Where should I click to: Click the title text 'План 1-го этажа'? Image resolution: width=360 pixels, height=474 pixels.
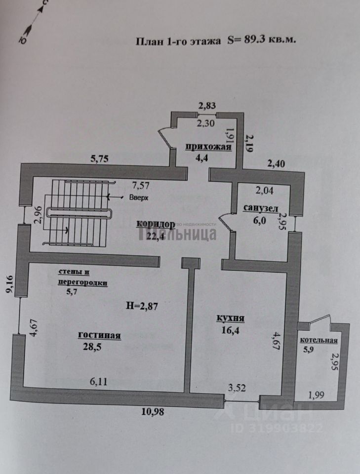click(x=178, y=41)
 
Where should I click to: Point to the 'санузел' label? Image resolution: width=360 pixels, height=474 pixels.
click(x=261, y=209)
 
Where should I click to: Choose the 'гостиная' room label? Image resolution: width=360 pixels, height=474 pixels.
click(x=99, y=336)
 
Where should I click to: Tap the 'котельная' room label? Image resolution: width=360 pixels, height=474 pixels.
click(x=319, y=341)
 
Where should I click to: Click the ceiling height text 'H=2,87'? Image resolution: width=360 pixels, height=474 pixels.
click(x=142, y=306)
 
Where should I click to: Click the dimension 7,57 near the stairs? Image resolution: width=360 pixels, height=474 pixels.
click(x=140, y=185)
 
